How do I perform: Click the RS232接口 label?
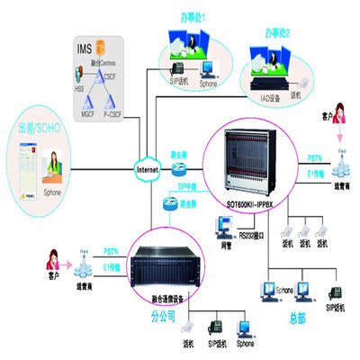tap(253, 236)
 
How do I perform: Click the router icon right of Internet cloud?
tap(180, 169)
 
